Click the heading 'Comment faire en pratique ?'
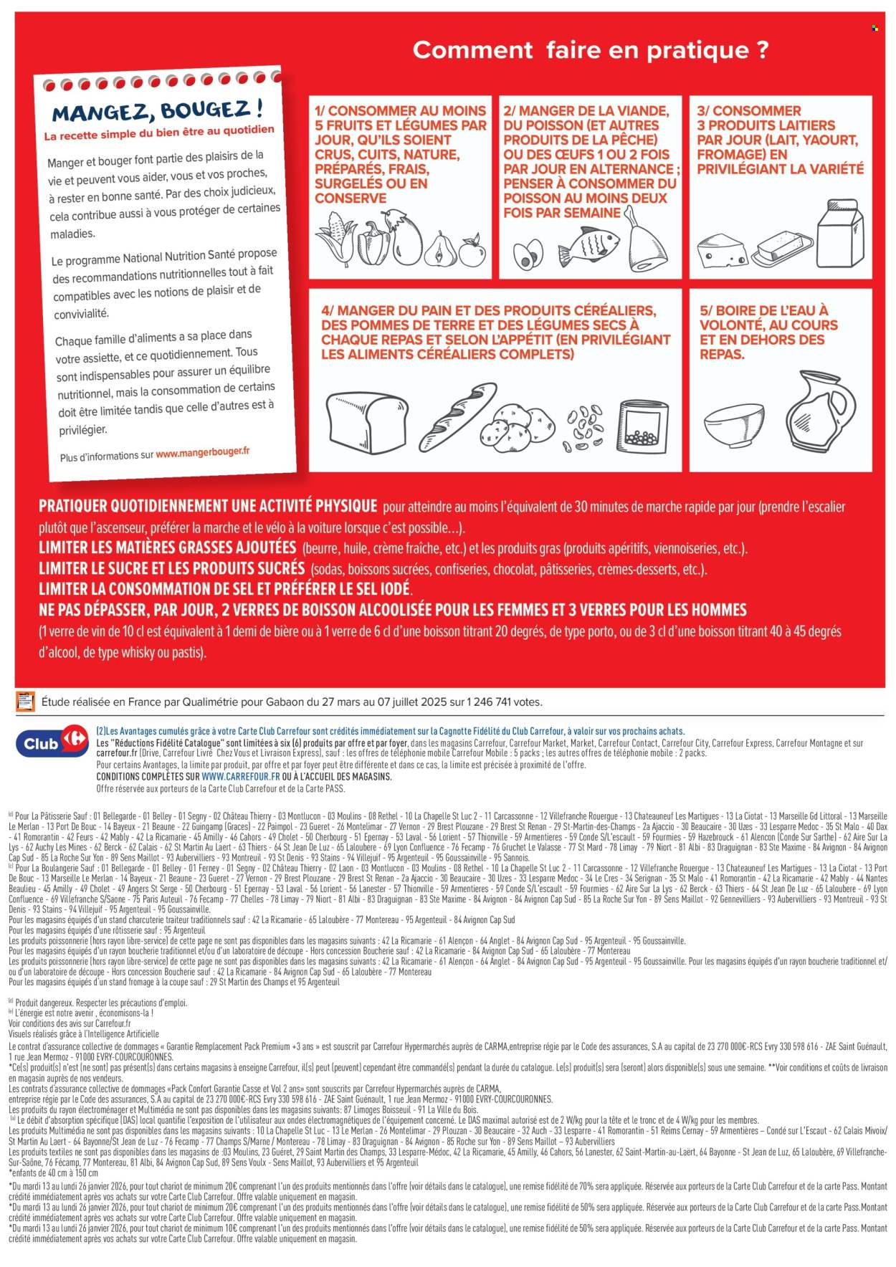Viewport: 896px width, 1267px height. click(591, 50)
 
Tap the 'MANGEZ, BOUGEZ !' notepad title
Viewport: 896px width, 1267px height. click(158, 111)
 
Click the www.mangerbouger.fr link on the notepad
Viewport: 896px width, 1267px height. click(203, 453)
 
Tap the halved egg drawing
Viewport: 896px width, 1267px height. click(529, 252)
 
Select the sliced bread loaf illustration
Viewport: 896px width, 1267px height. click(361, 423)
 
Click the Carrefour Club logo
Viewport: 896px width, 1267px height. click(49, 742)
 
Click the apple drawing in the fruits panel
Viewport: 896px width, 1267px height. click(472, 250)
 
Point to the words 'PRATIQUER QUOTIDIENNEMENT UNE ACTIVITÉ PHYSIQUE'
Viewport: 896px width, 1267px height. click(208, 507)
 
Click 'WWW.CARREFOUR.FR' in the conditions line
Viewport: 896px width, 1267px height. click(240, 776)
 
